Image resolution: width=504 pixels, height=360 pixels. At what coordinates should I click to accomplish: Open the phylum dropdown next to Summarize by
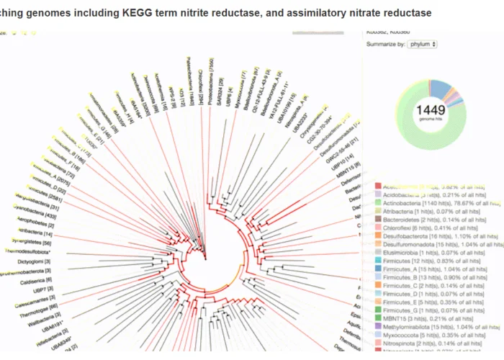point(422,44)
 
